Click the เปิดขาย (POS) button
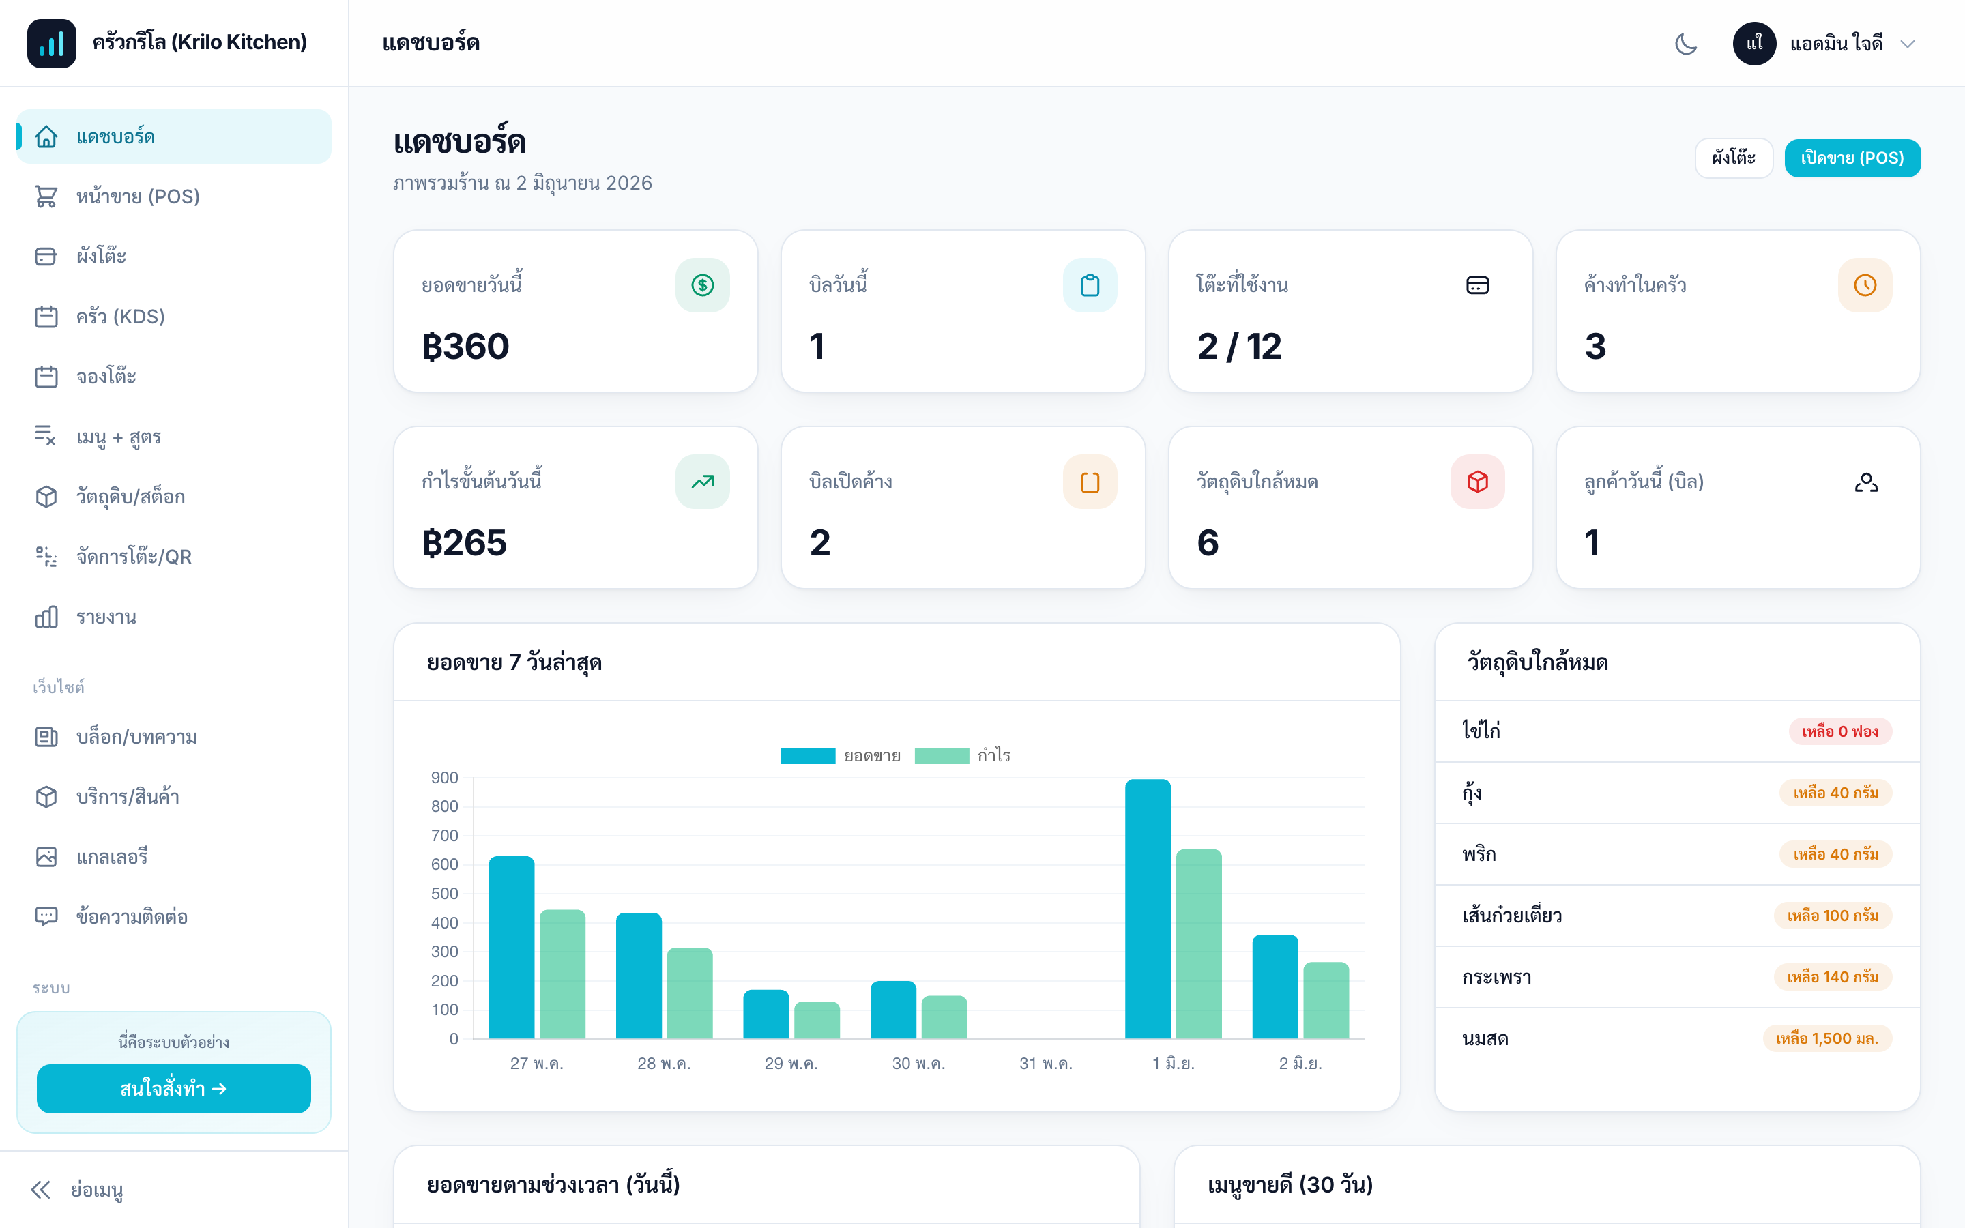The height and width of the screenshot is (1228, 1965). [x=1852, y=158]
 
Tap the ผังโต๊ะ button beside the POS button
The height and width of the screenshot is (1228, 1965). [x=1734, y=158]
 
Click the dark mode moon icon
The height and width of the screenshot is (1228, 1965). [x=1686, y=44]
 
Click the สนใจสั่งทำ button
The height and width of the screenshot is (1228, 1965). [x=174, y=1088]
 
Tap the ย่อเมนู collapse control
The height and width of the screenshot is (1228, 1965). [x=77, y=1190]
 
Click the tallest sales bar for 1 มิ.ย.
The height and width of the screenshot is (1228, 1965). [x=1148, y=909]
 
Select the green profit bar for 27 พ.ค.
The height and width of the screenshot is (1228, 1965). [x=563, y=974]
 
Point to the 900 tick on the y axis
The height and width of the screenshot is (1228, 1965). [x=444, y=778]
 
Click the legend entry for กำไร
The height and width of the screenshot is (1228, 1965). [x=963, y=756]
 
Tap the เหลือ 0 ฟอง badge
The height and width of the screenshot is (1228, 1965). [x=1840, y=731]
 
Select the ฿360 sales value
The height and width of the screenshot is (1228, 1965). [x=465, y=347]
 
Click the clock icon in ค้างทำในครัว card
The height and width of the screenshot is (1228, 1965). [x=1865, y=285]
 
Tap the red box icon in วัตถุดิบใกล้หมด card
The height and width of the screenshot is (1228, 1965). [x=1478, y=482]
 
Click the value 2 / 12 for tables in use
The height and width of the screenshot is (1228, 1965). [x=1239, y=347]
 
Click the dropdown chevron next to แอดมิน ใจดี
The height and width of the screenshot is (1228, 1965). [x=1908, y=44]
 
